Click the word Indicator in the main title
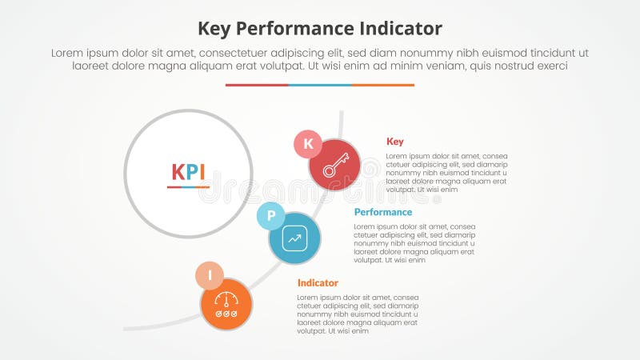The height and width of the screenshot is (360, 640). click(x=398, y=29)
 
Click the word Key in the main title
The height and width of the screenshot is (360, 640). click(x=215, y=29)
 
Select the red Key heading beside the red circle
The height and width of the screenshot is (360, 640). click(x=394, y=142)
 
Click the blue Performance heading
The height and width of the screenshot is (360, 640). click(x=383, y=212)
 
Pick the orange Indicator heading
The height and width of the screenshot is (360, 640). click(x=318, y=282)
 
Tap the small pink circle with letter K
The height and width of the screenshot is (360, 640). click(x=308, y=144)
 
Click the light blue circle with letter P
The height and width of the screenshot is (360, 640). click(x=270, y=216)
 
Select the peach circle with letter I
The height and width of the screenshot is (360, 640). click(x=210, y=275)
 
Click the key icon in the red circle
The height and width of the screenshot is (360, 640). click(x=334, y=165)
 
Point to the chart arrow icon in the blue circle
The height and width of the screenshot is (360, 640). click(x=294, y=238)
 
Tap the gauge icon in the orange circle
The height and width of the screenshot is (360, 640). click(x=226, y=305)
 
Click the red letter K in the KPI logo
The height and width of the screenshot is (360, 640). click(x=179, y=172)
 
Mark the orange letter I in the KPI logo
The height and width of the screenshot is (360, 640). click(x=204, y=172)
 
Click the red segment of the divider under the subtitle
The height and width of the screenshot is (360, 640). click(x=257, y=85)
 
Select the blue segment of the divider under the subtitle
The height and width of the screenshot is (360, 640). click(x=320, y=85)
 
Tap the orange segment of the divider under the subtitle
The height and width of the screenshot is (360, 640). click(x=383, y=85)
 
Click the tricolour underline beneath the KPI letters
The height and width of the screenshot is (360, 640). click(x=188, y=187)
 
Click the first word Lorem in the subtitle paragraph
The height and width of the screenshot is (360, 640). click(x=68, y=52)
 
